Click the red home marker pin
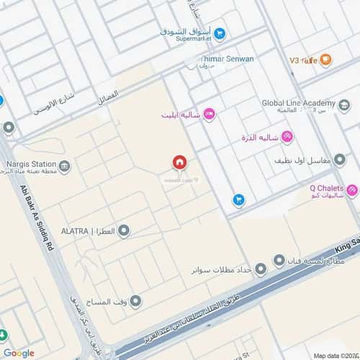pos(179,163)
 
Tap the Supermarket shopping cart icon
pos(220,32)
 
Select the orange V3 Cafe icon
pos(325,60)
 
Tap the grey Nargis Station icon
pos(65,167)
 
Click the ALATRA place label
pos(86,231)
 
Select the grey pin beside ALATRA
pos(124,231)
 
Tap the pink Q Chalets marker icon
pos(351,191)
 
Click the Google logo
pos(19,352)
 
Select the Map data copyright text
pos(334,354)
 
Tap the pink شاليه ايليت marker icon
pos(210,113)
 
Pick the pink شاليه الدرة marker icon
pos(287,136)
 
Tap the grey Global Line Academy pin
pos(344,107)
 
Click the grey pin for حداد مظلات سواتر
pos(260,268)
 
